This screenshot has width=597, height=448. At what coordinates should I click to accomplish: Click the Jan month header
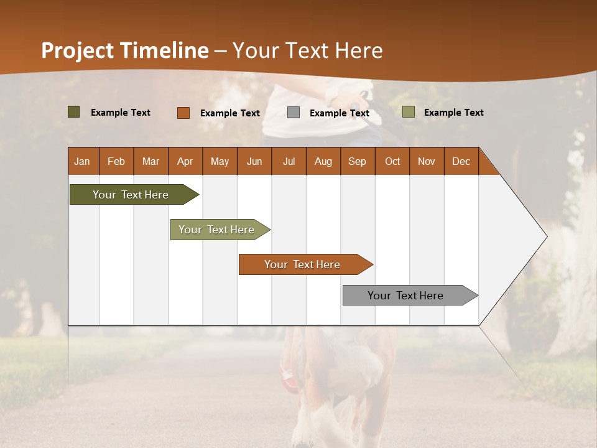tap(82, 161)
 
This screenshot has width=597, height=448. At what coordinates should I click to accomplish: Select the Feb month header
tap(116, 161)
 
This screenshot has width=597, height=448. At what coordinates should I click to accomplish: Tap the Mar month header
tap(150, 161)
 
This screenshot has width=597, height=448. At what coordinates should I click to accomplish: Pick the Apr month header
tap(185, 161)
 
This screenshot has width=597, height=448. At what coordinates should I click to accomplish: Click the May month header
tap(220, 161)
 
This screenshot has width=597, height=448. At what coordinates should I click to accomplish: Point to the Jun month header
tap(254, 161)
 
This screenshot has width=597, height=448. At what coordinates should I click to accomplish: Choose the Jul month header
tap(289, 161)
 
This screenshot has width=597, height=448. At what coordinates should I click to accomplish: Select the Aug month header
tap(323, 161)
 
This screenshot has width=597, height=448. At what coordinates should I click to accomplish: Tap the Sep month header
tap(357, 161)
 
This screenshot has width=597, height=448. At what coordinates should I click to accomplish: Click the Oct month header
tap(392, 161)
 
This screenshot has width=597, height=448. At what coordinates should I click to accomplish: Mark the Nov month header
tap(426, 161)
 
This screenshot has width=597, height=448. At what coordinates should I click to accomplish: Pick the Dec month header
tap(461, 161)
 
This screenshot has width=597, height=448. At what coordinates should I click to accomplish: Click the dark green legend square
tap(74, 112)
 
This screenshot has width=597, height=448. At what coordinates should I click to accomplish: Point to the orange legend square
tap(183, 113)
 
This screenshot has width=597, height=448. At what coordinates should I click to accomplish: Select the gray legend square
tap(294, 112)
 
